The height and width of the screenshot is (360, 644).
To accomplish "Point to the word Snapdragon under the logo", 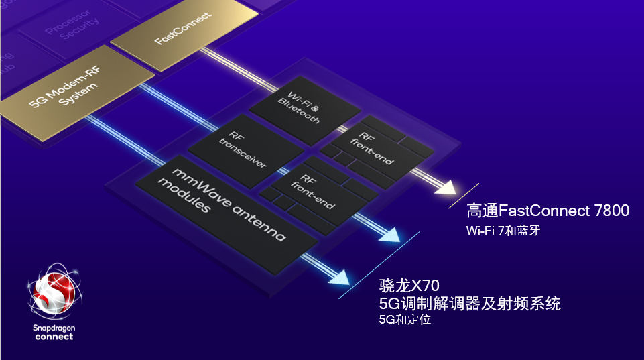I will pyautogui.click(x=54, y=327).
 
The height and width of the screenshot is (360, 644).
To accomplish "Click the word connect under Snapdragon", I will pyautogui.click(x=54, y=337).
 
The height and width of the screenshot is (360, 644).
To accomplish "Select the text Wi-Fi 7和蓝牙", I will pyautogui.click(x=503, y=231).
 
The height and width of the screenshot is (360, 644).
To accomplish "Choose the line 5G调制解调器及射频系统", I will pyautogui.click(x=469, y=304).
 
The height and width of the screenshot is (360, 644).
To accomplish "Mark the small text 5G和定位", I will pyautogui.click(x=404, y=320).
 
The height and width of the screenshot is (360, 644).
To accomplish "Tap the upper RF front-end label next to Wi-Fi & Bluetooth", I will pyautogui.click(x=371, y=148).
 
